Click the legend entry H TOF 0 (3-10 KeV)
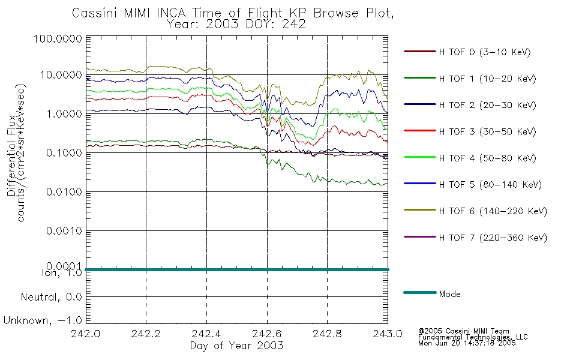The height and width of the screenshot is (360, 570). [x=485, y=52]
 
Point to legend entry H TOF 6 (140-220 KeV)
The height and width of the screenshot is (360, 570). [x=493, y=211]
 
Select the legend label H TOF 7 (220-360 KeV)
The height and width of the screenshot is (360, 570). [x=493, y=238]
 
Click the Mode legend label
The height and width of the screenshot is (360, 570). [x=449, y=294]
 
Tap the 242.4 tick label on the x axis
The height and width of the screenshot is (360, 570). [x=206, y=334]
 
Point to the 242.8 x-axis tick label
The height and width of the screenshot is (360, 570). [x=327, y=334]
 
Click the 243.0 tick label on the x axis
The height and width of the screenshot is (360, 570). [x=388, y=334]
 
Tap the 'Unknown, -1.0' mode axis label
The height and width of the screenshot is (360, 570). [x=43, y=320]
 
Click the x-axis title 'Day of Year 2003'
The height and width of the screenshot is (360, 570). [x=236, y=346]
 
